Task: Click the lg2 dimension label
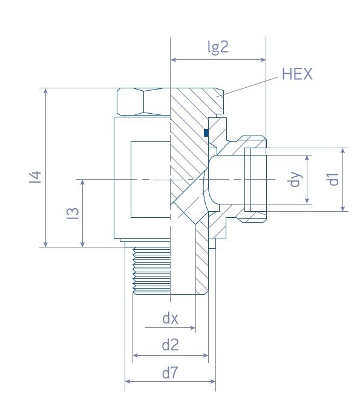point(218,47)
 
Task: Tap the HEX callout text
point(297,74)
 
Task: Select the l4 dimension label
point(36,177)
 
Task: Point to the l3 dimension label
point(73,214)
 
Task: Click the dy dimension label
point(295,179)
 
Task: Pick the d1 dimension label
point(333,179)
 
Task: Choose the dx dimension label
point(170,318)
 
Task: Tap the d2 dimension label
point(170,345)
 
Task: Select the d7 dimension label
point(170,373)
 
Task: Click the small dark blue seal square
point(206,133)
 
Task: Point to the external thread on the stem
point(151,270)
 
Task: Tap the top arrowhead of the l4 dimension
point(45,91)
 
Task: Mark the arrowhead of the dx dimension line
point(192,327)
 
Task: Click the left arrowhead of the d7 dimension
point(128,381)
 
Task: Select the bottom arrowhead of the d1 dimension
point(343,208)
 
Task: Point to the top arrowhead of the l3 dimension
point(83,183)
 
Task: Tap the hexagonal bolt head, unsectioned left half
point(143,102)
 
